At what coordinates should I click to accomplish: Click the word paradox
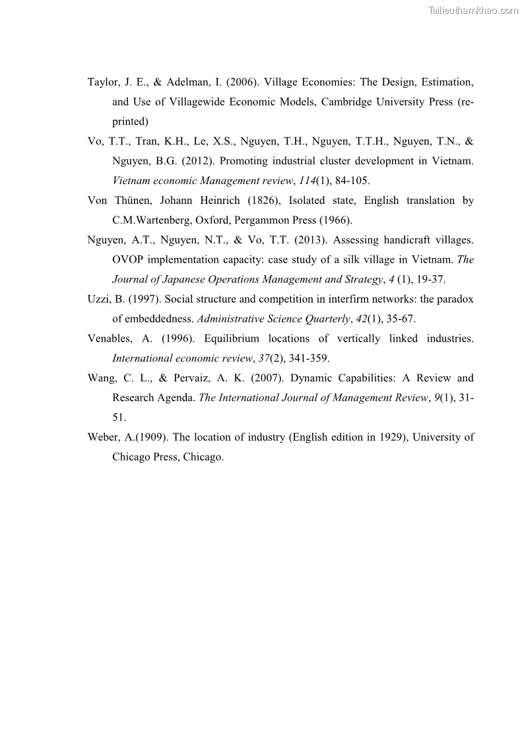pyautogui.click(x=453, y=299)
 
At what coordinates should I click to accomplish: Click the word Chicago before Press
pyautogui.click(x=131, y=457)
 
